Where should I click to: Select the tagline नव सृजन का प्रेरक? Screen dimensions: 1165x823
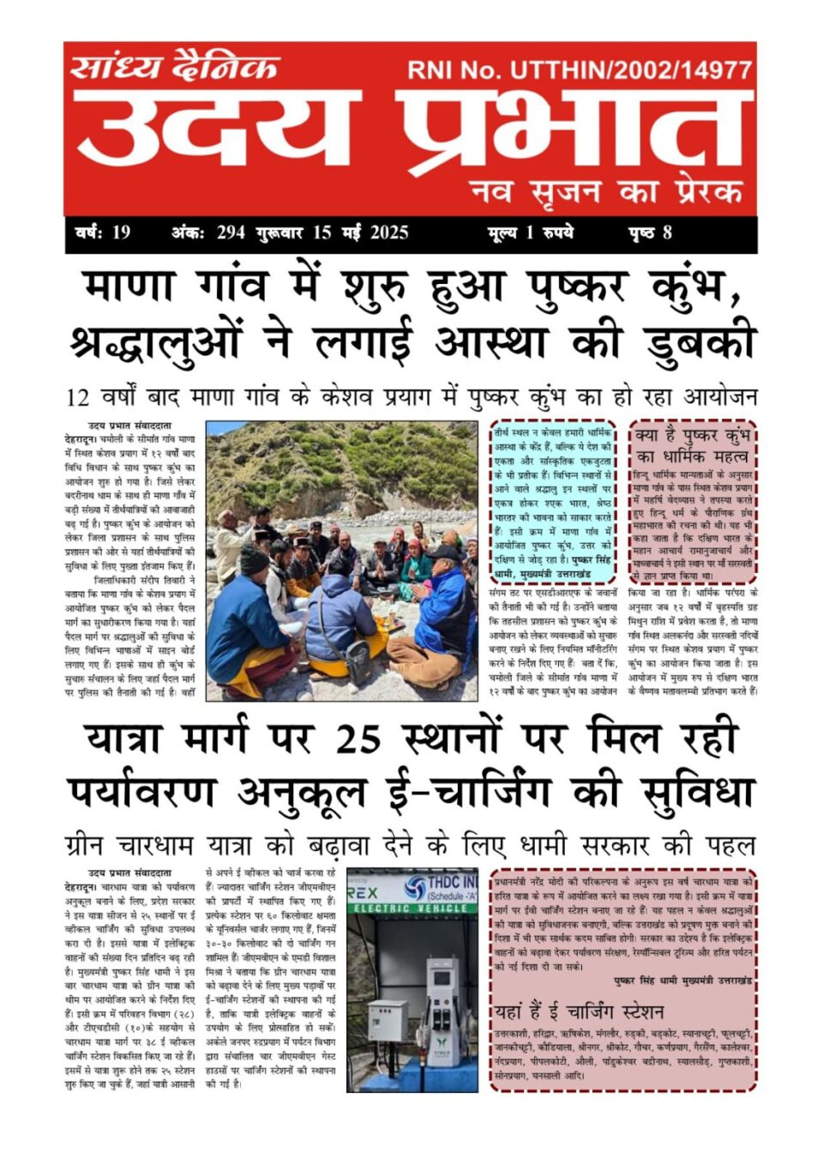coord(606,190)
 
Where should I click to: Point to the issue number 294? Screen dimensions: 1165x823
coord(231,232)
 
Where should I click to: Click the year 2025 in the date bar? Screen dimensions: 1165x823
coord(389,232)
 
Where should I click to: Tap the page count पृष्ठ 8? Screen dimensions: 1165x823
coord(651,232)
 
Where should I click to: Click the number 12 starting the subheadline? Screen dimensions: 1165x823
coord(77,397)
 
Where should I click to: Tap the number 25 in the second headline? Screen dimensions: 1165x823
coord(357,738)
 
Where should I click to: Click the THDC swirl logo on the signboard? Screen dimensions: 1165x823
coord(416,887)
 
